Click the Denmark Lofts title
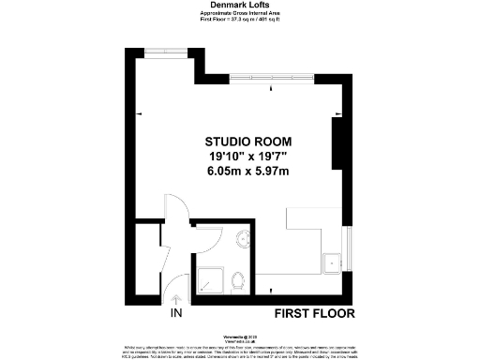239,6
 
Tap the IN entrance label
176,313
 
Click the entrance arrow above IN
176,298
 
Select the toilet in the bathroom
242,277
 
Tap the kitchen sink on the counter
333,262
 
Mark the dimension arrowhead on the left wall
140,113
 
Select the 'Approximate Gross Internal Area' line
239,13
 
